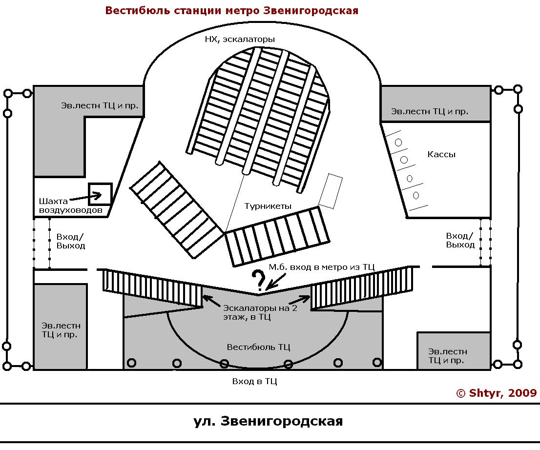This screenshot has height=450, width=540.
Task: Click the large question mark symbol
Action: click(258, 281)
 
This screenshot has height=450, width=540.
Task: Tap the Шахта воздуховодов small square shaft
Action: click(100, 194)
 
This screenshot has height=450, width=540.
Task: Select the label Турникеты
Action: click(268, 206)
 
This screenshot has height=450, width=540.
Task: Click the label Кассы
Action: click(441, 154)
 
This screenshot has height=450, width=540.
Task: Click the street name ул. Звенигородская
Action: click(268, 421)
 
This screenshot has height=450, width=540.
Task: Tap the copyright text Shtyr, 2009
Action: click(496, 393)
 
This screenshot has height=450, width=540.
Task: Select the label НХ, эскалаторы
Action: click(240, 40)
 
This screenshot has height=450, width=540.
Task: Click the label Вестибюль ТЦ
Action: click(259, 347)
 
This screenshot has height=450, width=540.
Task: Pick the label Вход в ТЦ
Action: click(254, 381)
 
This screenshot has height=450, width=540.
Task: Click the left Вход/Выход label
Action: click(71, 241)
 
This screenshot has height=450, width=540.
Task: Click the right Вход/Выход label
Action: click(460, 240)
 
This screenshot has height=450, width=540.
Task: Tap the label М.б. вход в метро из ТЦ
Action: click(322, 267)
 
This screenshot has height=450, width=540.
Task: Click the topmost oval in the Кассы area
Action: click(398, 142)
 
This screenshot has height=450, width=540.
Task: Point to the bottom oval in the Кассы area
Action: click(416, 195)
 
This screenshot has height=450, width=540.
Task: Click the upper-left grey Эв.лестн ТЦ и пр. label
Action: click(99, 105)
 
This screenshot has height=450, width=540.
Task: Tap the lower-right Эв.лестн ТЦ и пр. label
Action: click(447, 356)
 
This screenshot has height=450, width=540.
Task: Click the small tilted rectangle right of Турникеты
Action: click(331, 190)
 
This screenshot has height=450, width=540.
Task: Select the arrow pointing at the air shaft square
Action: click(84, 198)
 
